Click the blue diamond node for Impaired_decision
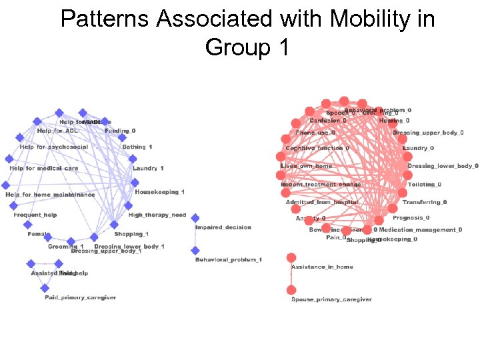point(195,218)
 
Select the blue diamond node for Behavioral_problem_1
point(195,251)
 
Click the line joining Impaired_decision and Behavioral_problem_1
point(195,235)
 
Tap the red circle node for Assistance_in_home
point(291,257)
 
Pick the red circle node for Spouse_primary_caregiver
point(291,290)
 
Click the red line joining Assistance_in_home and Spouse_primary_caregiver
point(291,274)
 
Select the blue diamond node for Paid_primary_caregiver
point(45,288)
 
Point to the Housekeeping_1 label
point(160,192)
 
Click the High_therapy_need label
point(157,215)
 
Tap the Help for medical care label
point(44,169)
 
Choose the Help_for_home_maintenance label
point(50,195)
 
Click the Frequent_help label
point(35,215)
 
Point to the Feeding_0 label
point(120,131)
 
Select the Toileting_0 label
point(425,184)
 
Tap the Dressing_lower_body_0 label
point(443,166)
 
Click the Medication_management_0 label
point(421,230)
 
